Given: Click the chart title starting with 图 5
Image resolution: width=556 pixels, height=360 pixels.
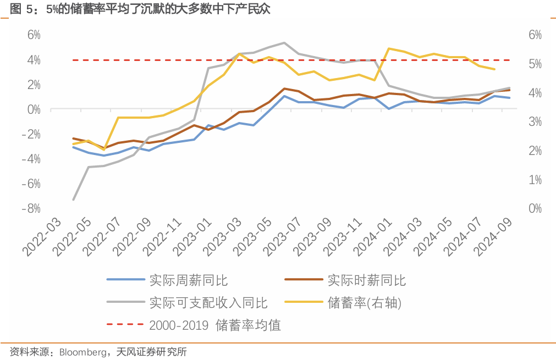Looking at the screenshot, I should coord(140,9).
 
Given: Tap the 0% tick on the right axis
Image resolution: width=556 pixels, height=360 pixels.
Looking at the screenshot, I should coord(535,208).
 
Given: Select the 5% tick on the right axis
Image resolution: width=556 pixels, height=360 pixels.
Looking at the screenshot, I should coord(535,64).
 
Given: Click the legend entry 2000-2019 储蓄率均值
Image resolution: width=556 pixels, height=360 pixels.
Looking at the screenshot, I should coord(214,325).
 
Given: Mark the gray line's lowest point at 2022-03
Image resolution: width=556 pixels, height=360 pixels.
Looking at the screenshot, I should coord(73,200).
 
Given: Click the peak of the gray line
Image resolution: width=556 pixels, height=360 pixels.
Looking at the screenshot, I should coord(284,42).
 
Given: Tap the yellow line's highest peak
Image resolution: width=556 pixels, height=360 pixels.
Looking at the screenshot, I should coord(389,48).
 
